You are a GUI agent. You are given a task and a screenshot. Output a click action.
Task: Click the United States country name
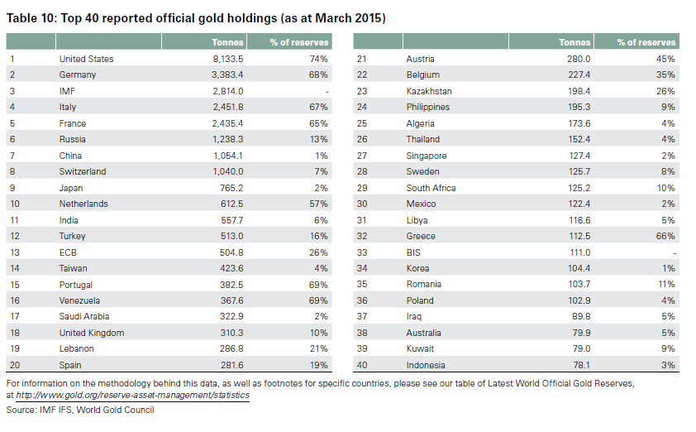click(86, 59)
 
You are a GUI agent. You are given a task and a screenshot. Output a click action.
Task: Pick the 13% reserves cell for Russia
click(319, 139)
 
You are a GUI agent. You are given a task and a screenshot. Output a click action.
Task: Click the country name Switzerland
click(83, 171)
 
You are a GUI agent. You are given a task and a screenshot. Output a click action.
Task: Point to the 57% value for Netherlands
click(319, 204)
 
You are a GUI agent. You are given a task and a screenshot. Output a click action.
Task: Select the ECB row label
click(68, 252)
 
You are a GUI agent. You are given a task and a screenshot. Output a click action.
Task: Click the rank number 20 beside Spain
click(14, 365)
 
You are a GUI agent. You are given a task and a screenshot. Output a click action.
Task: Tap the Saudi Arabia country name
click(84, 316)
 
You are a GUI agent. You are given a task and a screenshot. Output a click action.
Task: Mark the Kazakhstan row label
click(429, 91)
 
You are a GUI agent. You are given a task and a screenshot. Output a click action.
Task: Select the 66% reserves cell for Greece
click(666, 236)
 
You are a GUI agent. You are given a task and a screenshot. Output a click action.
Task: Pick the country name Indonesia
click(426, 365)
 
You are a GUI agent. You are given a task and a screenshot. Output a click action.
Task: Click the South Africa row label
click(431, 188)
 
